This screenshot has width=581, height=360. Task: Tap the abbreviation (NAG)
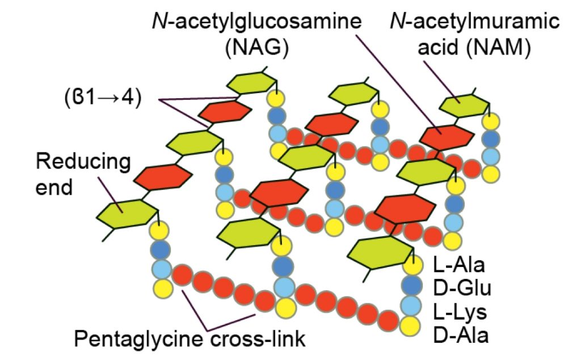tap(256, 48)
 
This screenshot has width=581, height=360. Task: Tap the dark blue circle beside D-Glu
tap(412, 285)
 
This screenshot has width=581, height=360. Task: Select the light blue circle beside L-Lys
tap(412, 305)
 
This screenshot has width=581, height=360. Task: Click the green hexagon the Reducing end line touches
tap(126, 214)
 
